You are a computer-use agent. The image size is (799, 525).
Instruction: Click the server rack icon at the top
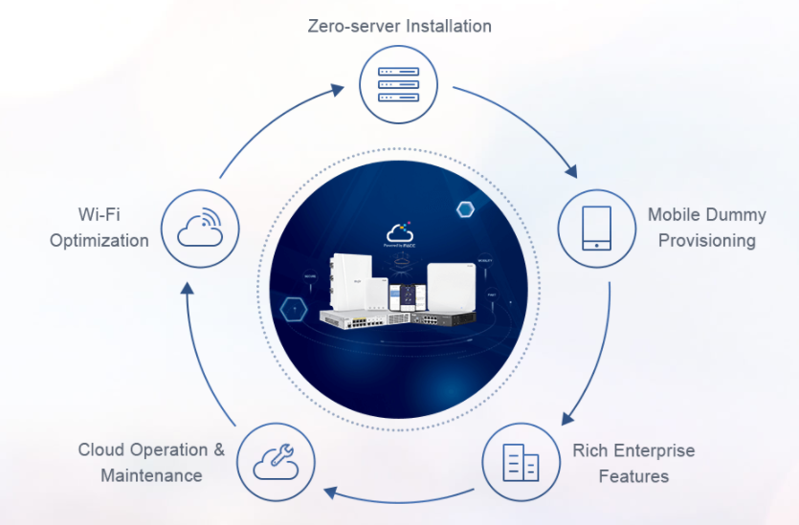tap(399, 84)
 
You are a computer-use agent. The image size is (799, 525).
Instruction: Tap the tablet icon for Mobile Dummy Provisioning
tap(597, 227)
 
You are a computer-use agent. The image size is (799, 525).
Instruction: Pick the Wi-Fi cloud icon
tap(200, 227)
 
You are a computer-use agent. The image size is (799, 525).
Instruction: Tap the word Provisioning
tap(706, 240)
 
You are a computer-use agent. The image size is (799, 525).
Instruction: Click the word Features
tap(633, 475)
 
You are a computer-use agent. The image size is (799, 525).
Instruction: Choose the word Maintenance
tap(151, 475)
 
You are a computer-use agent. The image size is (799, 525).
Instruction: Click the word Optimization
tap(100, 240)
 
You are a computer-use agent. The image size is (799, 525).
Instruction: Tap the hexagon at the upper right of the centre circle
tap(466, 209)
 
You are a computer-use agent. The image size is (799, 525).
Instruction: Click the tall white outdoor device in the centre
tap(351, 278)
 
